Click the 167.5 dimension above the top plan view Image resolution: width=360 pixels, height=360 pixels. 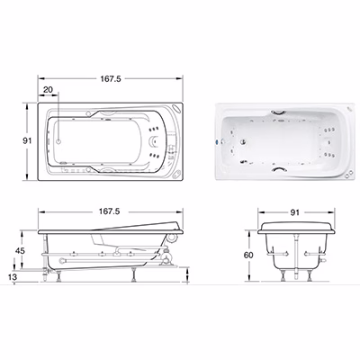coord(111,79)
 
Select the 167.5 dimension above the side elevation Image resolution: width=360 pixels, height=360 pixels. coord(110,211)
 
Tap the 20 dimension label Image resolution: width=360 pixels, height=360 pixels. coord(48,89)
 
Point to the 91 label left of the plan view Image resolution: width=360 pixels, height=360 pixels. coord(27,140)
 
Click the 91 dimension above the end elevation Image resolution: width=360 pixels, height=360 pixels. coord(295,212)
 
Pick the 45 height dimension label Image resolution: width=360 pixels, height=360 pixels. coord(21,250)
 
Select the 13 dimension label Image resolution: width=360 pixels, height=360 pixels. coord(13,277)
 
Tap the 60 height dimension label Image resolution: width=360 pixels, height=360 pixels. coord(248,255)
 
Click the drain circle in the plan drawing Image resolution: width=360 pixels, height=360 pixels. coord(59,140)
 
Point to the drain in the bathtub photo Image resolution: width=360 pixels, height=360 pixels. coord(243,141)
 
